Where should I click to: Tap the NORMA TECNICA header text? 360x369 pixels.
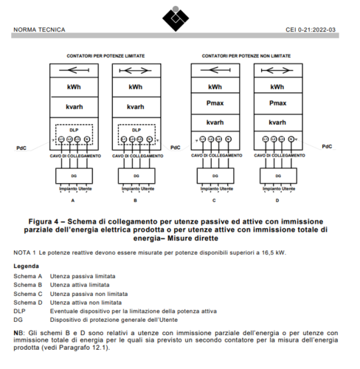pos(39,30)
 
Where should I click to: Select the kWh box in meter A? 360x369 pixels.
pos(72,88)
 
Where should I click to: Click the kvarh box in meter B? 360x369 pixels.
pos(135,107)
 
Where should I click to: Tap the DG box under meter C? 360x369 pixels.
pos(215,177)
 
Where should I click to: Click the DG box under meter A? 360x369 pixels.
pos(72,177)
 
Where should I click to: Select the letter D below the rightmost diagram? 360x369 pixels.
pos(277,201)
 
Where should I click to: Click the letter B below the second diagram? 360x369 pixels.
pos(135,201)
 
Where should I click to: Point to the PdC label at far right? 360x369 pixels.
pos(327,146)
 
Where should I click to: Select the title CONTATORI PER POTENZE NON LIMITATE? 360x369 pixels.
pos(246,55)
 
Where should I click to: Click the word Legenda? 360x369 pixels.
pos(27,265)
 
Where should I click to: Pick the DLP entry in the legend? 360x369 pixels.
pos(19,311)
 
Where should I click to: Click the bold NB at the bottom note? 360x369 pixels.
pos(18,334)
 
